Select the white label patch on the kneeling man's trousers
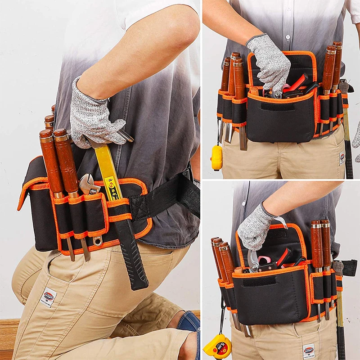pyautogui.click(x=48, y=297)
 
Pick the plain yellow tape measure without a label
pyautogui.click(x=217, y=157)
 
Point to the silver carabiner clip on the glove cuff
pyautogui.click(x=282, y=221)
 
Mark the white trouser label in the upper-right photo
pyautogui.click(x=342, y=158)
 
